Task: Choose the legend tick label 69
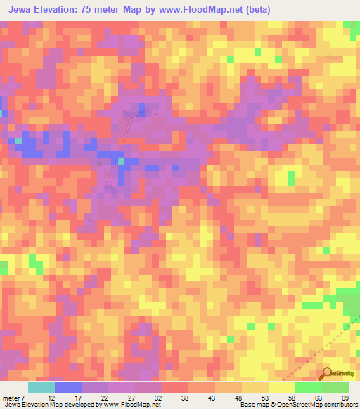(345, 398)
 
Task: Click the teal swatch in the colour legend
(41, 387)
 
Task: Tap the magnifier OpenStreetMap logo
(327, 374)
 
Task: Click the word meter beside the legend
(12, 398)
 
